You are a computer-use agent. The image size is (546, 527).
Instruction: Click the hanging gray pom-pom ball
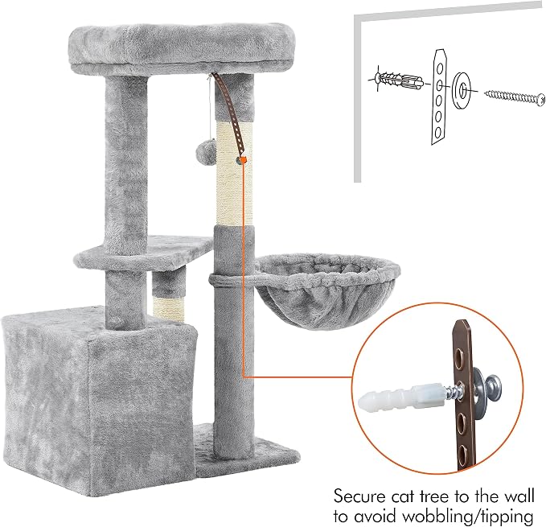click(203, 150)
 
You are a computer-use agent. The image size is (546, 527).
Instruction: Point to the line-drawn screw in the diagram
click(514, 96)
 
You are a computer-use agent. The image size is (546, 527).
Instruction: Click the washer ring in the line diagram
click(462, 91)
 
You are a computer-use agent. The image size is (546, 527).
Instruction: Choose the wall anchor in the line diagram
click(398, 80)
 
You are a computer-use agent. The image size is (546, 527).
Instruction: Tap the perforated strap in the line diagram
click(439, 97)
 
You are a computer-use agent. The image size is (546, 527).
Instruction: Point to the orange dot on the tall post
click(244, 161)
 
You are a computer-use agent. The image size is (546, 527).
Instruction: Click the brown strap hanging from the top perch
click(229, 114)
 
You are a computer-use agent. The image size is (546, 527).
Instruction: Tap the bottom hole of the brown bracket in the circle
click(462, 455)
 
